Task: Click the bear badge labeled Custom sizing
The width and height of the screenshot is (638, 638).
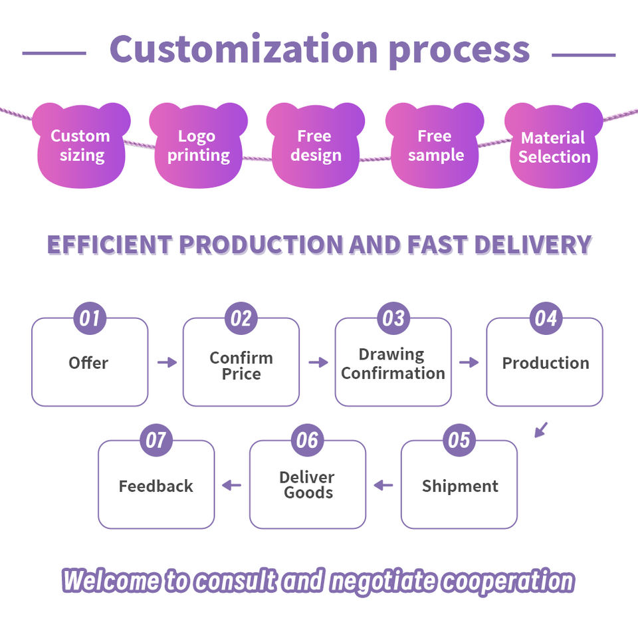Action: (81, 146)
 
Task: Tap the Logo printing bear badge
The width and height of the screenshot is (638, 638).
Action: (199, 146)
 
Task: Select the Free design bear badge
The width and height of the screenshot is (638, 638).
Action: (316, 146)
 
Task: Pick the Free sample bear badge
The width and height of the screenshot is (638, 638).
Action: (435, 146)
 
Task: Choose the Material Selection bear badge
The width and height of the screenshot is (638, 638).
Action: (554, 146)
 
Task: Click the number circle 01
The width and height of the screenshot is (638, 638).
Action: (90, 318)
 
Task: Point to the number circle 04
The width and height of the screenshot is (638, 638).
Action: (546, 318)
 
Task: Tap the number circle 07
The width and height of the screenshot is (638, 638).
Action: (156, 440)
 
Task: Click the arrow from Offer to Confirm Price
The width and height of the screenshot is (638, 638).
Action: (167, 362)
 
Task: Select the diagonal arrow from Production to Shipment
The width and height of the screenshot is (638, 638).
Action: (541, 430)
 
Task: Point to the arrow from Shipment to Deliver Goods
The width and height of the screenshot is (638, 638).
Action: (383, 485)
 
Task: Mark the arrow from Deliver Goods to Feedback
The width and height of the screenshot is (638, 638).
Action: (232, 485)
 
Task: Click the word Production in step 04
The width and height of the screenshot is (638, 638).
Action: (546, 363)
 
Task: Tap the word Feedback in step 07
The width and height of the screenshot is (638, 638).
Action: (156, 486)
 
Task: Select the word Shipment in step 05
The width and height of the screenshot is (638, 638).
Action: (460, 486)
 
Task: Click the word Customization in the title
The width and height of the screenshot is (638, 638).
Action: (244, 49)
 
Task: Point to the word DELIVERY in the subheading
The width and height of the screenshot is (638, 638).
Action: (533, 245)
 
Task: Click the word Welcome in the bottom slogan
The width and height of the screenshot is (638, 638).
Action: (111, 580)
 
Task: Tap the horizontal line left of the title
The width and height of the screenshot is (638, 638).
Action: (54, 53)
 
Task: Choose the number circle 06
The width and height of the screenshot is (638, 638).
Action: (308, 440)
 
